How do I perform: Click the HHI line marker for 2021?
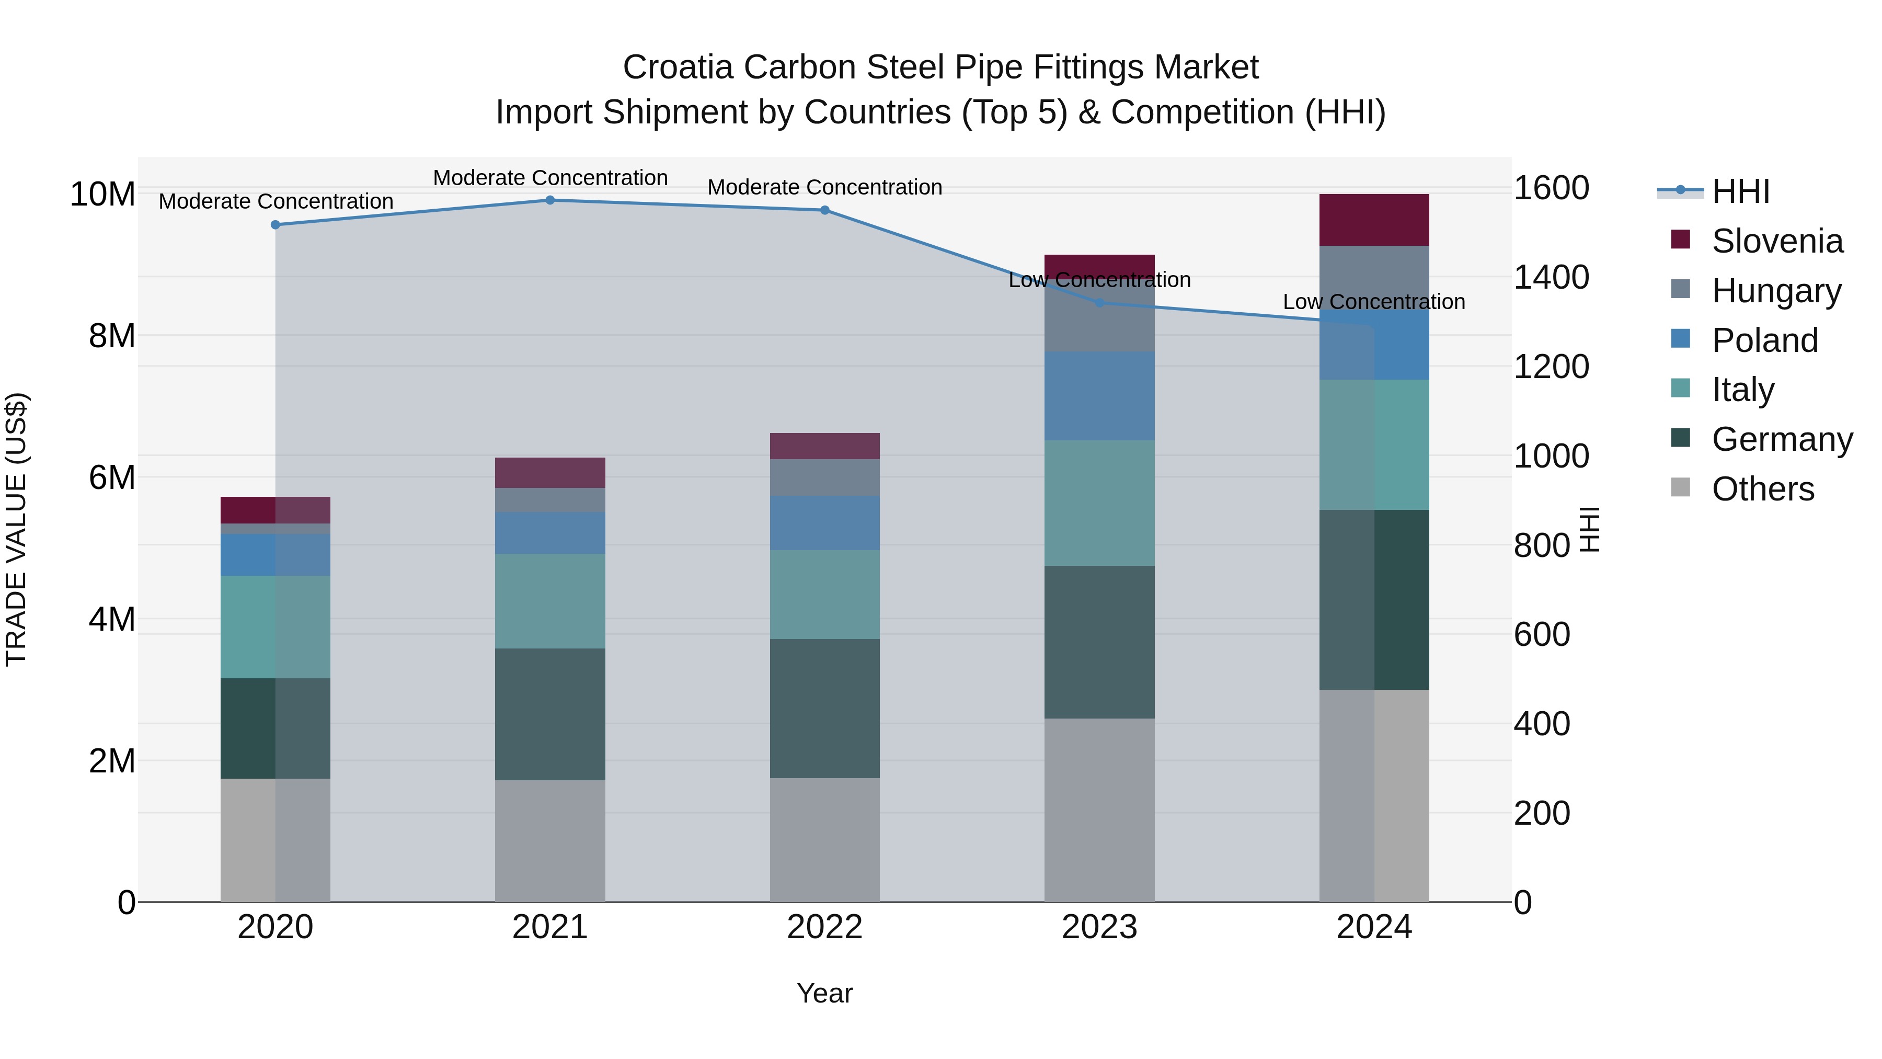point(550,200)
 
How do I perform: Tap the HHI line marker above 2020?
point(276,225)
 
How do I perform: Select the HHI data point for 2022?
point(825,210)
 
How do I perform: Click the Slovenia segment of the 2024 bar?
point(1374,220)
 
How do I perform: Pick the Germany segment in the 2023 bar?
point(1099,642)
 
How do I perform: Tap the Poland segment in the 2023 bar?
point(1099,395)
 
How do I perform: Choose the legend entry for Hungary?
point(1775,291)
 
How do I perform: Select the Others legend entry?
point(1762,489)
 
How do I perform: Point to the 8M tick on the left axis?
point(112,336)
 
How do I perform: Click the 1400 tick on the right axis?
point(1551,278)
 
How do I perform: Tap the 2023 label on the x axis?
point(1099,927)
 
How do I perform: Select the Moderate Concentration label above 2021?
point(550,178)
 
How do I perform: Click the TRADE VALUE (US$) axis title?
point(16,529)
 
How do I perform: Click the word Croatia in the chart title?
point(676,67)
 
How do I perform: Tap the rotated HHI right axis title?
point(1590,529)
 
